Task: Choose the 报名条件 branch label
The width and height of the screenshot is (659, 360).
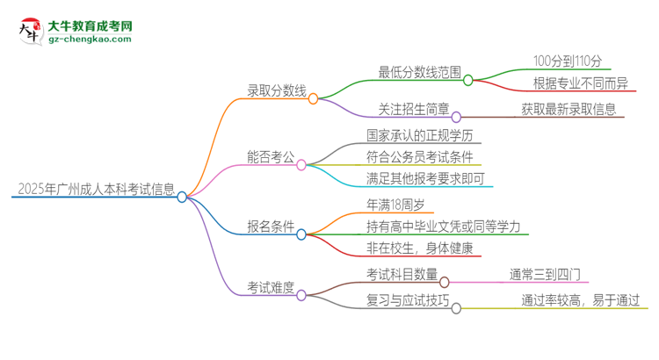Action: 272,227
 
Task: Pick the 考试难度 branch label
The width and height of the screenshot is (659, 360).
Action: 272,287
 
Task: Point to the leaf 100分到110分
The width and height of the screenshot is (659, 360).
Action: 568,61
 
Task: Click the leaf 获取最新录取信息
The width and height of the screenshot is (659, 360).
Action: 568,110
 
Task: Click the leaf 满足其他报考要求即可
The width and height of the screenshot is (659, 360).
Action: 430,180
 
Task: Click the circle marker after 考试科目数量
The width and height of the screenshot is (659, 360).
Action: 444,282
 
